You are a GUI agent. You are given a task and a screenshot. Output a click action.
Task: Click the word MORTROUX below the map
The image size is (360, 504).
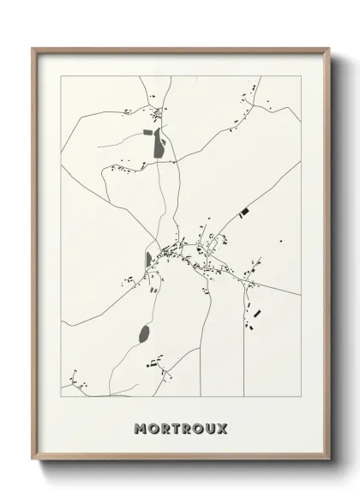pos(180,428)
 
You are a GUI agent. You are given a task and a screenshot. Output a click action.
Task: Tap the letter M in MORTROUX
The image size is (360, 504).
pos(140,428)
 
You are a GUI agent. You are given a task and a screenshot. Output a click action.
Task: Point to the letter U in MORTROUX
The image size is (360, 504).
pos(210,428)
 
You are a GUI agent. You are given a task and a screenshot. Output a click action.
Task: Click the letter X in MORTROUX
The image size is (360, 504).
pos(222,428)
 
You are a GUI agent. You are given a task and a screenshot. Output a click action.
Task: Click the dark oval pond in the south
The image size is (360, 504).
pos(143,333)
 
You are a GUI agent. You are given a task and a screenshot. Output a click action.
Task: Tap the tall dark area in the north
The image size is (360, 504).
pos(159,143)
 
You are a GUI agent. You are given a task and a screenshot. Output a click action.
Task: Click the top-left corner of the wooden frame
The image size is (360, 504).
pos(33,48)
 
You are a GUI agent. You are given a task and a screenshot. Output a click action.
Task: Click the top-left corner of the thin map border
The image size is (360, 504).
pos(60,75)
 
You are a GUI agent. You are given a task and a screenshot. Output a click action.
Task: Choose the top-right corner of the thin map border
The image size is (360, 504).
pos(300,75)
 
